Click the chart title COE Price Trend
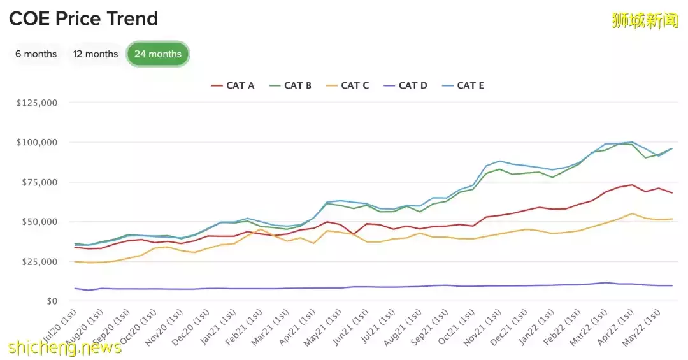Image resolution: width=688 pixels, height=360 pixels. point(83,19)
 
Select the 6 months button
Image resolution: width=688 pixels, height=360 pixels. point(36,54)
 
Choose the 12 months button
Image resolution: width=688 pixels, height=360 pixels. point(96,54)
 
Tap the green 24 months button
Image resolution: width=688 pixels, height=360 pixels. point(158,54)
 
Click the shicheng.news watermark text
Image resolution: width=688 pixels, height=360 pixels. point(65,347)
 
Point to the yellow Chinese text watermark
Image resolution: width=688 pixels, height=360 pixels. point(645,20)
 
